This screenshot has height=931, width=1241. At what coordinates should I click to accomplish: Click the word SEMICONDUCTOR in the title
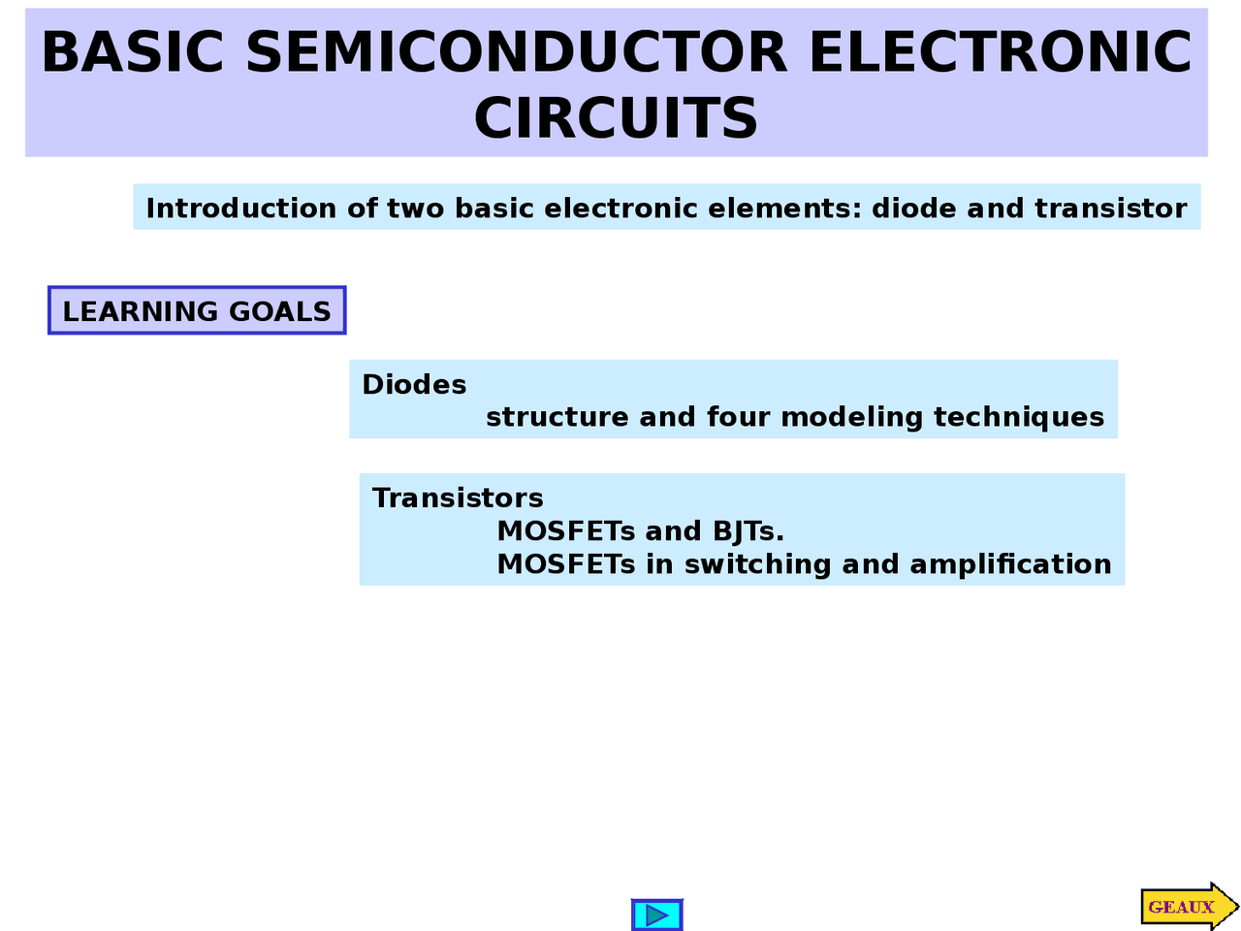pos(517,52)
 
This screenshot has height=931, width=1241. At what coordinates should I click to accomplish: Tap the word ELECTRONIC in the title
pos(1000,52)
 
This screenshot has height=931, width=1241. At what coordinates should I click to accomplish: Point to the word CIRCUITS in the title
pos(616,118)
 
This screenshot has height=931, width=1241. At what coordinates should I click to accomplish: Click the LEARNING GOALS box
pos(197,311)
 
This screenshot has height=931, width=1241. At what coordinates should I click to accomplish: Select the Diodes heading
pos(414,385)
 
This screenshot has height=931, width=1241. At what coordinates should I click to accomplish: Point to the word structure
pos(557,417)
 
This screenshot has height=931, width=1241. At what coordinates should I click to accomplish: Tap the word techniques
pos(1019,418)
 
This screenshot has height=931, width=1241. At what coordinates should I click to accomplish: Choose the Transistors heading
pos(458,498)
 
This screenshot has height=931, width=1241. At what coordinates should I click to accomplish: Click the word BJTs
pos(748,531)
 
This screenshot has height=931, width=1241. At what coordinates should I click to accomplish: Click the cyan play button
pos(656,915)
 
